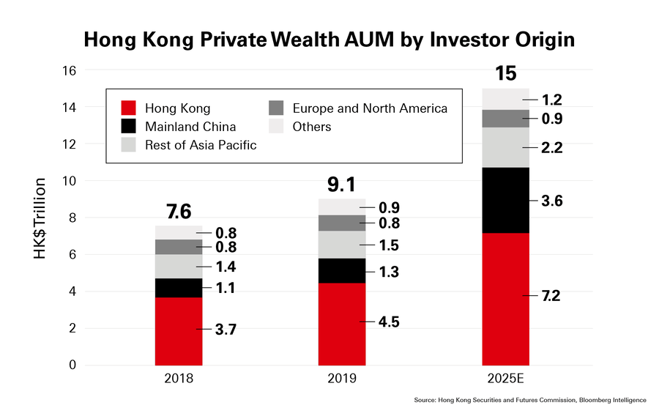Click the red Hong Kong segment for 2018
[179, 331]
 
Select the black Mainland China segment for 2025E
[505, 200]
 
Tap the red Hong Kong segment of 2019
[342, 324]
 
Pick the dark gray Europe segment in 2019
[342, 223]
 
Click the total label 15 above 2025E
[506, 74]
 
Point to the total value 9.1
[342, 184]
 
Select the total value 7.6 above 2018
[179, 212]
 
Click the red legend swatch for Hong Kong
[130, 108]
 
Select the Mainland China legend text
[180, 127]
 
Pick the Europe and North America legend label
[369, 108]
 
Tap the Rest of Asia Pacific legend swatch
[130, 145]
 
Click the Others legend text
[312, 127]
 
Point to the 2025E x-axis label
[505, 379]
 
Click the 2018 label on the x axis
[179, 379]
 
